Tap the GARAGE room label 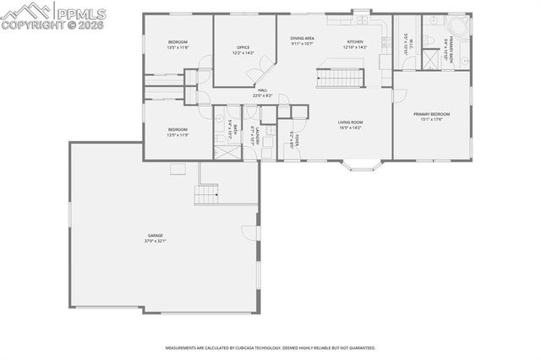[x=155, y=236]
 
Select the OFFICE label [x=243, y=47]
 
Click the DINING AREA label [x=303, y=38]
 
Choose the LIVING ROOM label [x=350, y=122]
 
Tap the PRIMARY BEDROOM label [x=431, y=114]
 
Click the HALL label [x=262, y=90]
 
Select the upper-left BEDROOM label [x=178, y=42]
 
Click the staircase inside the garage [x=206, y=196]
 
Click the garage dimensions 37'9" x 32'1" [x=155, y=242]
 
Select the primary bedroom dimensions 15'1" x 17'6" [x=431, y=120]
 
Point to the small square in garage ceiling [x=178, y=169]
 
